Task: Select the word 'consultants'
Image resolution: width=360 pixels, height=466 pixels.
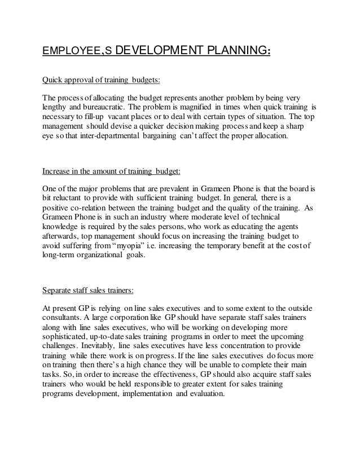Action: coord(64,318)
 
